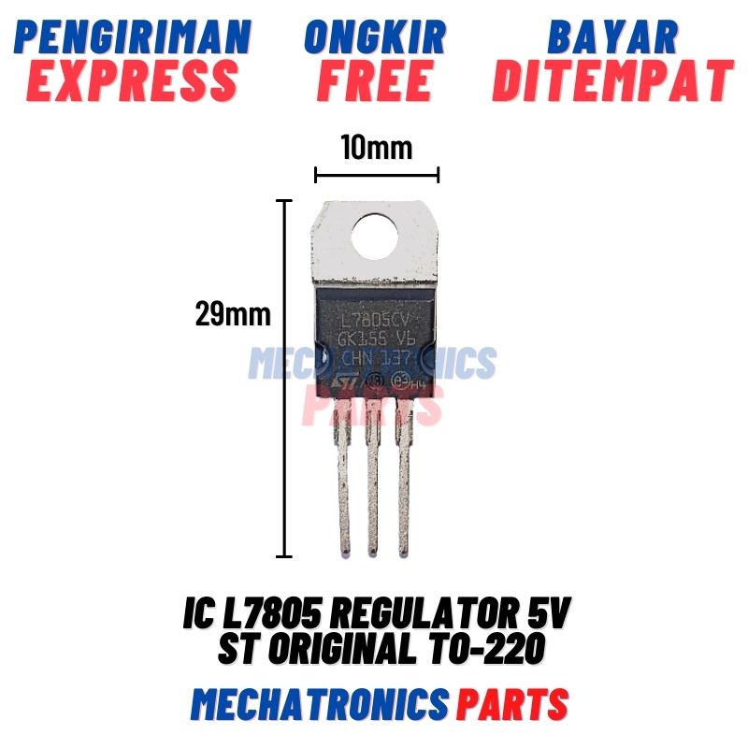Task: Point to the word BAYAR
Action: click(611, 36)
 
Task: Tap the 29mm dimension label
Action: click(233, 314)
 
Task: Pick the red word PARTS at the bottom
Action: click(512, 703)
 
